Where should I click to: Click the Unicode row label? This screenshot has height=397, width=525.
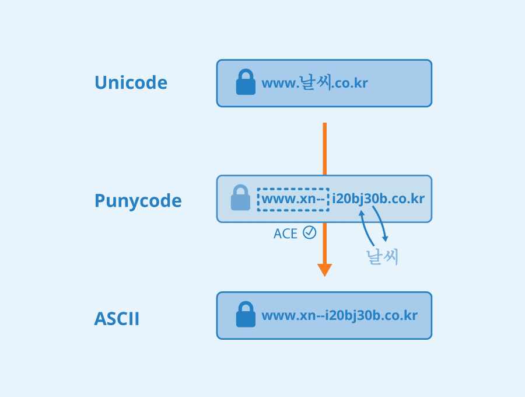click(x=131, y=83)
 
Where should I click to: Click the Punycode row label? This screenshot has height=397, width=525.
click(x=138, y=201)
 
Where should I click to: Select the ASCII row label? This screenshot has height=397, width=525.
click(x=117, y=319)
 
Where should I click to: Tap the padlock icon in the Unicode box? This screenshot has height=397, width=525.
click(x=246, y=82)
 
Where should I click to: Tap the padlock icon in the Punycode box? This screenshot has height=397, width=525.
click(x=240, y=198)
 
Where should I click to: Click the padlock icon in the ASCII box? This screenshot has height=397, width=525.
click(x=246, y=315)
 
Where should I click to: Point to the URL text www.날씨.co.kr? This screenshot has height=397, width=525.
click(x=314, y=83)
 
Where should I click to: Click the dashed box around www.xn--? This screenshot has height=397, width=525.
click(x=293, y=199)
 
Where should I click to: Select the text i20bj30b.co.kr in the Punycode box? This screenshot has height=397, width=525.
click(x=378, y=199)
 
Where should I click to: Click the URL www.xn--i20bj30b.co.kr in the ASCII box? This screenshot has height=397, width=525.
click(x=339, y=316)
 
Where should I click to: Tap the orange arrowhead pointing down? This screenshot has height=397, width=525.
click(x=324, y=270)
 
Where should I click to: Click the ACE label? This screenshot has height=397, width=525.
click(x=285, y=234)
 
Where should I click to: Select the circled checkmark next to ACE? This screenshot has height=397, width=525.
click(x=309, y=232)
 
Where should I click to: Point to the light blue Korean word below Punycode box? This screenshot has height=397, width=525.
click(x=382, y=257)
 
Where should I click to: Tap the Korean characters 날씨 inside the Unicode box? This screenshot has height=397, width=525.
click(x=315, y=82)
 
